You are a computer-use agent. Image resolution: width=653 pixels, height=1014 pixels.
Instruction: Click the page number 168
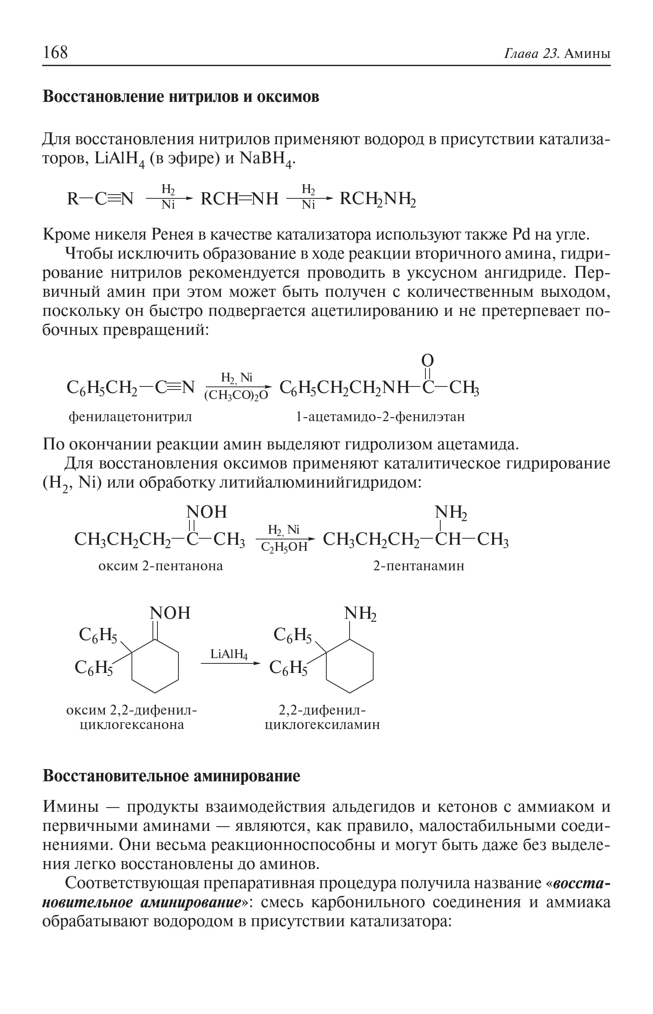55,52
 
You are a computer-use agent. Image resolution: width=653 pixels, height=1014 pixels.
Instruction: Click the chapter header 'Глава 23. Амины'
557,54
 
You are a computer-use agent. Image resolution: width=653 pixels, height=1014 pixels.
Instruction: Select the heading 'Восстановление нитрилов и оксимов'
181,97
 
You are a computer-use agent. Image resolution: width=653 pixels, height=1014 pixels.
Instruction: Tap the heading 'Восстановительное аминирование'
171,776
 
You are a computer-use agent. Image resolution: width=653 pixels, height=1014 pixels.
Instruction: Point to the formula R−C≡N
100,198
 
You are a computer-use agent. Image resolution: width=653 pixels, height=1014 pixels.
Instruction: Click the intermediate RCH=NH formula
239,198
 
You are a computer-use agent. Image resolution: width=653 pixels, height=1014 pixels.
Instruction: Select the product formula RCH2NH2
378,199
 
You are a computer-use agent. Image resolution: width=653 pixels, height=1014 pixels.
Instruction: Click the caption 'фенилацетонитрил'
130,417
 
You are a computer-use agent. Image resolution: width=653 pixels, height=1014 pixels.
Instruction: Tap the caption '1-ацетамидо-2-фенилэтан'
380,417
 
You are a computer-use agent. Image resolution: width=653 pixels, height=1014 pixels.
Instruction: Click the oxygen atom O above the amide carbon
427,361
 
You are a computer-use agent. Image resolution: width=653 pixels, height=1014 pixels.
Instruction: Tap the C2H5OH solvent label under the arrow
284,547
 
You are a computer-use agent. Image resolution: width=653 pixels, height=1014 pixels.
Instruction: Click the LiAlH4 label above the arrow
229,654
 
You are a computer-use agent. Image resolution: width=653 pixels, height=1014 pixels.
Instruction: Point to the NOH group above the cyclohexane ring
170,613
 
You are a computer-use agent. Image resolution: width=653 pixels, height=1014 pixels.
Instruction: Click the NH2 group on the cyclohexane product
360,613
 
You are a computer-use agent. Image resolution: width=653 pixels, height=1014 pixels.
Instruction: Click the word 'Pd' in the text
521,234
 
